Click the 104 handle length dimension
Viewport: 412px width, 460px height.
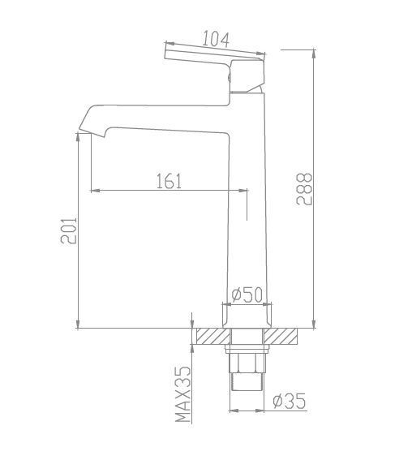click(216, 39)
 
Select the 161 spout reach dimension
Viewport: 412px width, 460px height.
click(169, 181)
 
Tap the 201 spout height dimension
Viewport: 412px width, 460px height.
click(69, 230)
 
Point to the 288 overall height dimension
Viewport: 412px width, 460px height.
click(304, 189)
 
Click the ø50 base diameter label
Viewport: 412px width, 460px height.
click(247, 294)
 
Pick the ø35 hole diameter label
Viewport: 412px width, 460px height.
click(290, 401)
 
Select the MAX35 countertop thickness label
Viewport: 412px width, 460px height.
click(183, 394)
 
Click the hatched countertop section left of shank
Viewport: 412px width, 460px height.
click(213, 336)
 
